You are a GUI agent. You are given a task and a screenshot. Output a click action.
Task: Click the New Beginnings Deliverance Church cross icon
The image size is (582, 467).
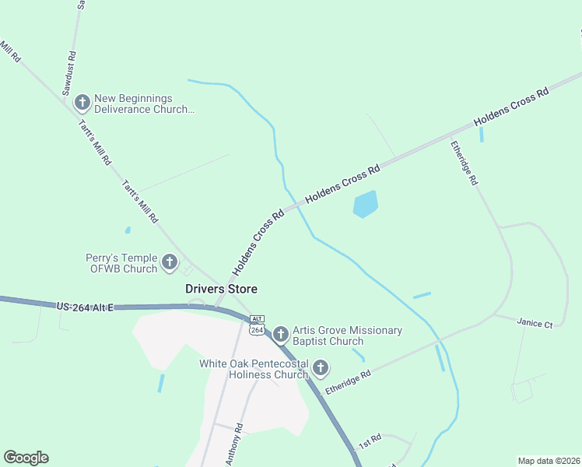tap(82, 103)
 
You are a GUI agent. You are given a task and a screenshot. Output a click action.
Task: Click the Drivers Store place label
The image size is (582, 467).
tap(221, 289)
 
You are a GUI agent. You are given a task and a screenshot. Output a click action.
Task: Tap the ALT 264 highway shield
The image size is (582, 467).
tap(258, 325)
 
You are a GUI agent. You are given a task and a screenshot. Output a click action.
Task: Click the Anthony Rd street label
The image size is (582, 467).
tap(235, 444)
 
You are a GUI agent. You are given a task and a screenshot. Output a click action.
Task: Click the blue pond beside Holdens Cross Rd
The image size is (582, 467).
tap(365, 204)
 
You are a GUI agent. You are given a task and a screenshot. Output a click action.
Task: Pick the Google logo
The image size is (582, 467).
tap(26, 458)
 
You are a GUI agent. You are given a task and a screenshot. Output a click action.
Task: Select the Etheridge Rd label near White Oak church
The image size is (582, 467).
tap(348, 382)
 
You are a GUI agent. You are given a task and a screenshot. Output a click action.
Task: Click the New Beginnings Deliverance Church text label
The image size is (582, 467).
tap(144, 104)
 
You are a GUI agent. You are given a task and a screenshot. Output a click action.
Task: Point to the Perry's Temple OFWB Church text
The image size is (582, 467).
tap(121, 263)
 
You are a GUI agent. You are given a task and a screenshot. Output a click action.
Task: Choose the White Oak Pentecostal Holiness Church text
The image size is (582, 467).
tap(254, 369)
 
